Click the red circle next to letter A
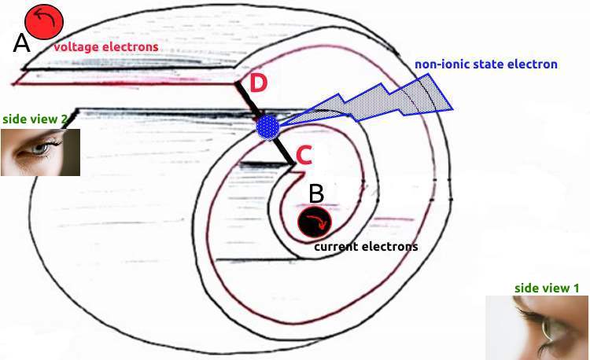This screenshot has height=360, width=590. click(x=44, y=22)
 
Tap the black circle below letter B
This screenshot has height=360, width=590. click(x=315, y=222)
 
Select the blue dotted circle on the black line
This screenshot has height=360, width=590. click(x=268, y=128)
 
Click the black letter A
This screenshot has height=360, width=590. click(x=21, y=42)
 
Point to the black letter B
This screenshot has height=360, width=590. click(x=316, y=194)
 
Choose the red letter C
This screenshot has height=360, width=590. click(x=304, y=156)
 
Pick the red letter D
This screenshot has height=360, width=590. click(x=258, y=83)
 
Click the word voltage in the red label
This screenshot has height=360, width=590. click(x=76, y=47)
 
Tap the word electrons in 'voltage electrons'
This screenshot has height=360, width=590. click(x=130, y=47)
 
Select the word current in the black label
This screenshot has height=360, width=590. click(x=336, y=247)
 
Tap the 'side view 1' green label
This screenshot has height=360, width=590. click(x=547, y=288)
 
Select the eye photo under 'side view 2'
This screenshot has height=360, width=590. click(x=40, y=152)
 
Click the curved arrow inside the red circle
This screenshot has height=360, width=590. click(x=45, y=18)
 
